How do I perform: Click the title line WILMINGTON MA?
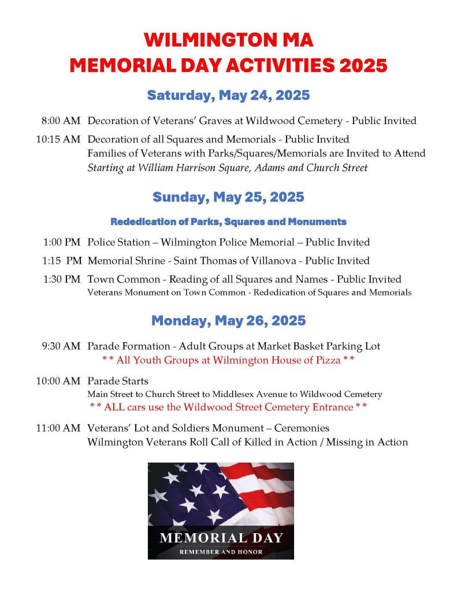pos(228,40)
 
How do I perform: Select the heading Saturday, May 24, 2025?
pos(228,95)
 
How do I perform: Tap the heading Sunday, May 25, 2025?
pos(228,197)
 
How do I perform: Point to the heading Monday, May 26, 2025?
pos(228,320)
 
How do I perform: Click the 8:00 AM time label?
pos(60,121)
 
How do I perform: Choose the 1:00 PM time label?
pos(61,242)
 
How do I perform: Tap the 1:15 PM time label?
pos(61,260)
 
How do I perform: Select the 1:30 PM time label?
pos(61,279)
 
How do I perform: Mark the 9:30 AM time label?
pos(60,346)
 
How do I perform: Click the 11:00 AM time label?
pos(58,428)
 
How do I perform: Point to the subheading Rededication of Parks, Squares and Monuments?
pos(228,222)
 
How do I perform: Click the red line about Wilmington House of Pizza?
pos(228,360)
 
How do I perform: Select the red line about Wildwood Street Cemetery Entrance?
pos(228,407)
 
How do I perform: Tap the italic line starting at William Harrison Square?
pos(227,168)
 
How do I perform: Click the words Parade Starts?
pos(118,381)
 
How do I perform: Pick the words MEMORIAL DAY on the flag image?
pos(221,538)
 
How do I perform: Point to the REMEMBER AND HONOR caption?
pos(221,552)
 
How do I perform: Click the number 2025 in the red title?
pos(363,65)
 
